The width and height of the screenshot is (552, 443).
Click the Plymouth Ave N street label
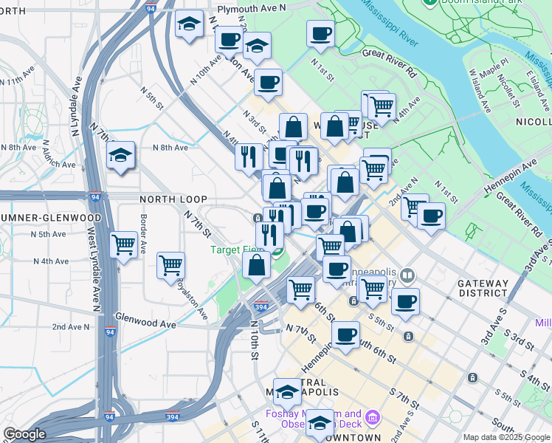251,7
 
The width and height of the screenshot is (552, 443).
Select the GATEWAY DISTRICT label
483,288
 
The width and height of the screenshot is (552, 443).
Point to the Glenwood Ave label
146,323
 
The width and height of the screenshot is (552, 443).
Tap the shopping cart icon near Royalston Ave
171,264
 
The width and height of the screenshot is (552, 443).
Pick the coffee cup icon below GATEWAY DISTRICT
405,301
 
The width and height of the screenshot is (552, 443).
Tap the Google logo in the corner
24,434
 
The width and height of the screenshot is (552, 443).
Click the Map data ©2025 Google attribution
506,437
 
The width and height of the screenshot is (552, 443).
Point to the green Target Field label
238,250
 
